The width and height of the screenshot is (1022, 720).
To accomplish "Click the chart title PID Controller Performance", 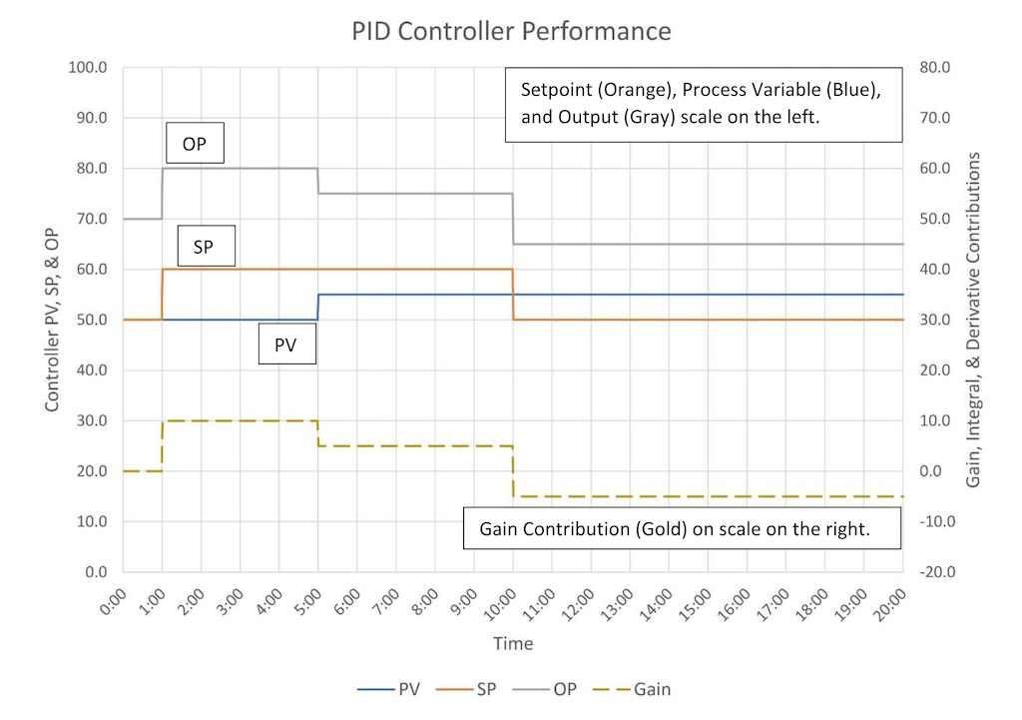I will click(511, 31).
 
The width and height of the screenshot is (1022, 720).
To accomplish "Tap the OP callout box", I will click(195, 144).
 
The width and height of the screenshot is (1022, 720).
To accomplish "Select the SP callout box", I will click(205, 246).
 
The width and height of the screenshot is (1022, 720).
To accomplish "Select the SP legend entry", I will click(479, 689).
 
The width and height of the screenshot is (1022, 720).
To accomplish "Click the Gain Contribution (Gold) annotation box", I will click(682, 530).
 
